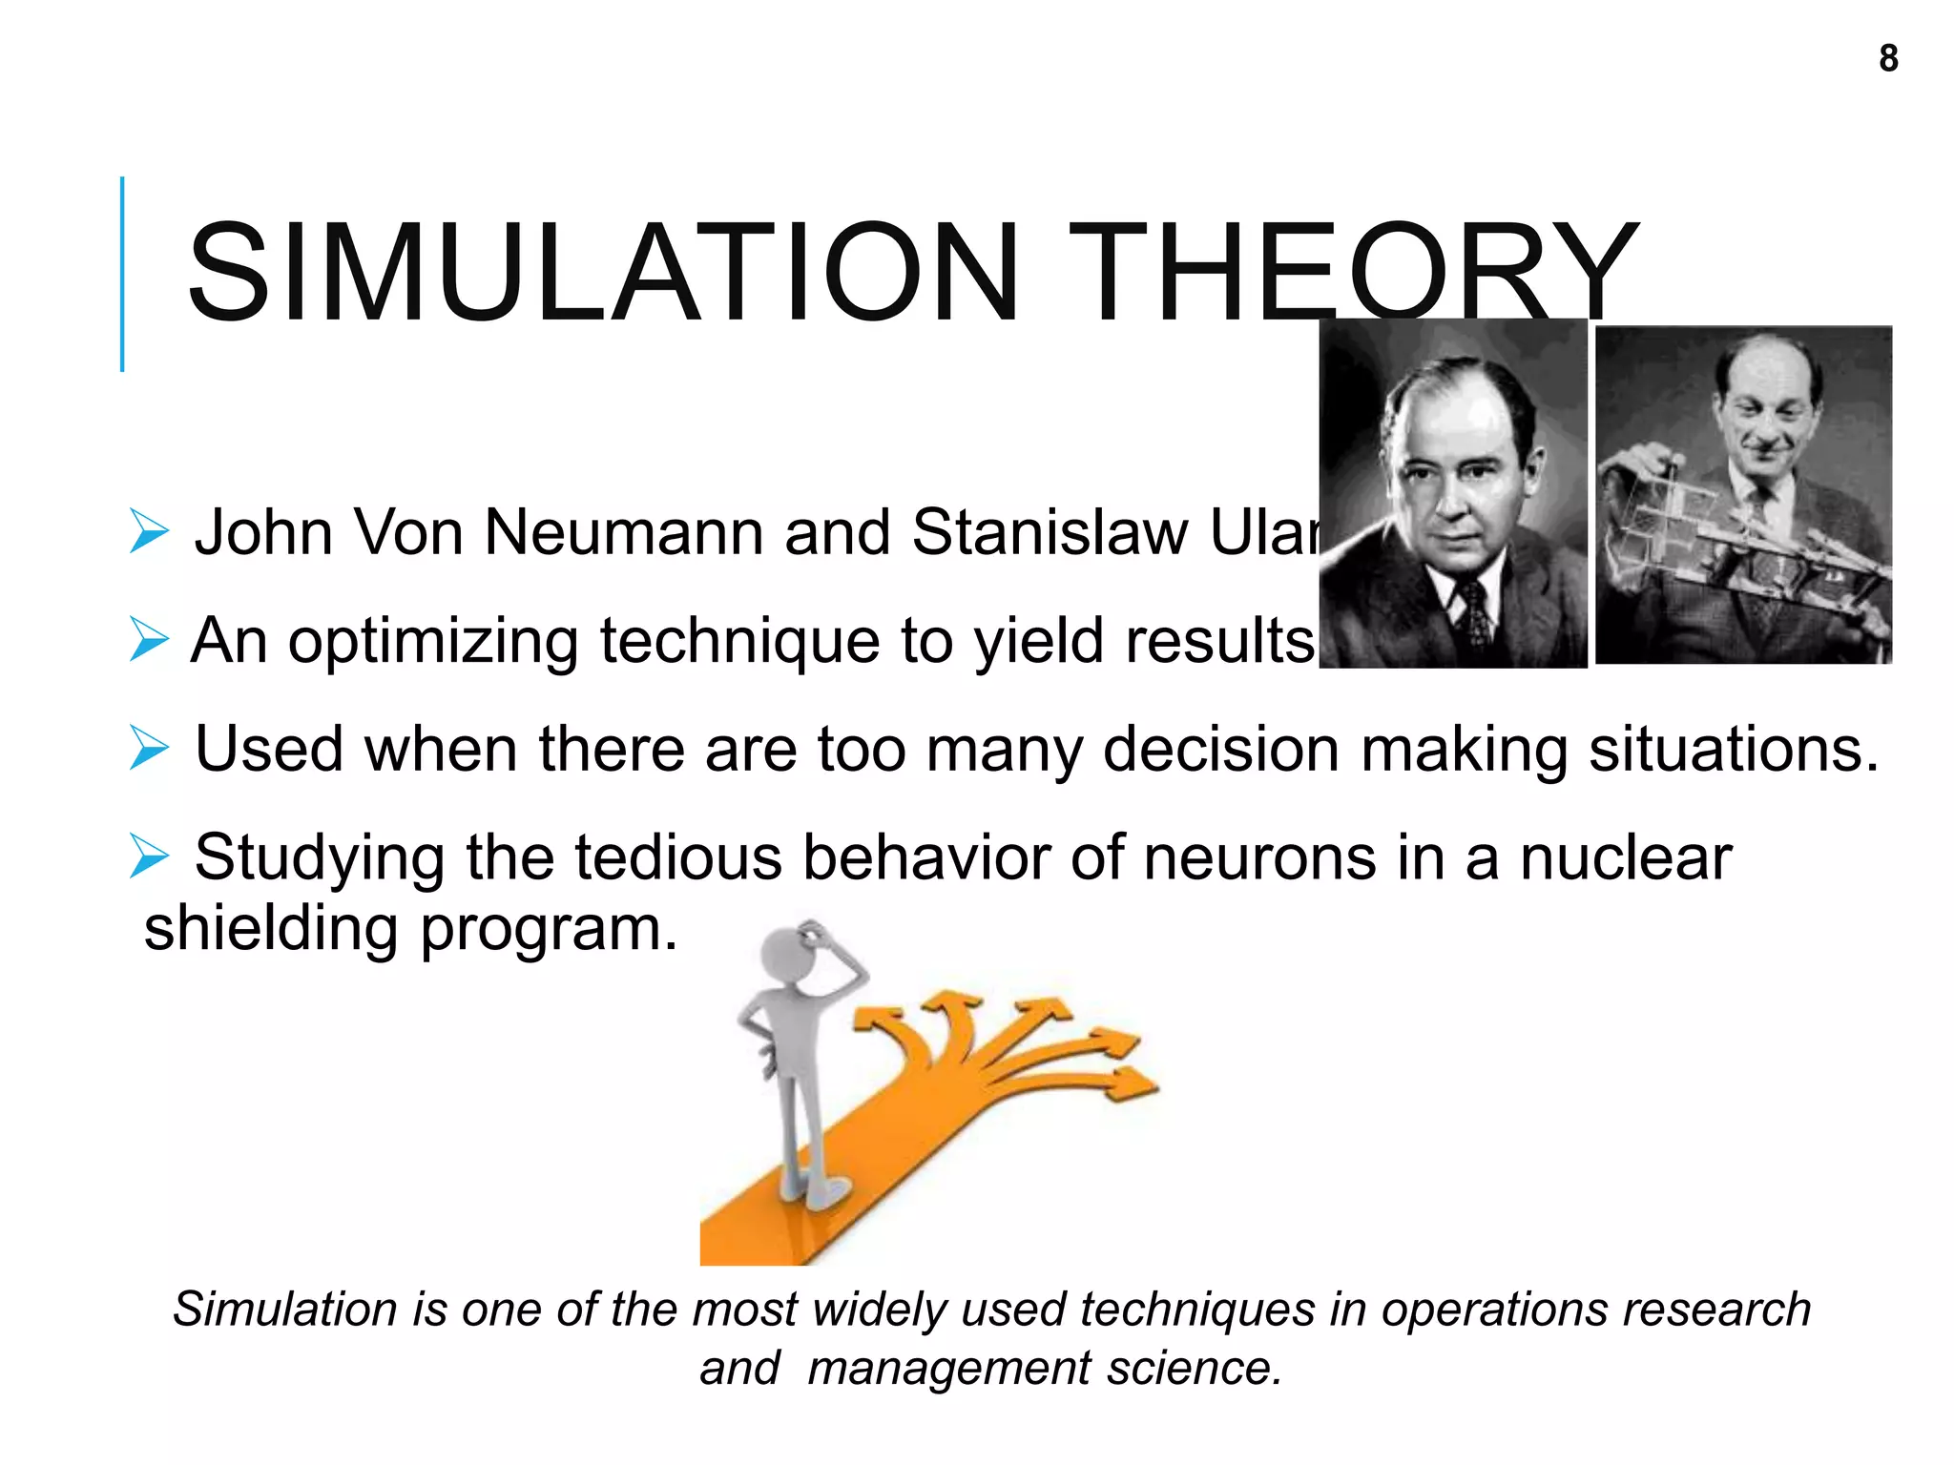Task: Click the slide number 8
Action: pos(1888,59)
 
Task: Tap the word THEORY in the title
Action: pos(1355,274)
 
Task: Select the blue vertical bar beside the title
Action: pos(122,274)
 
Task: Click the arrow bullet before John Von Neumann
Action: pos(150,531)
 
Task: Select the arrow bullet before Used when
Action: pos(150,749)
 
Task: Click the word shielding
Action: pos(271,929)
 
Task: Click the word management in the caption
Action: pos(948,1369)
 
